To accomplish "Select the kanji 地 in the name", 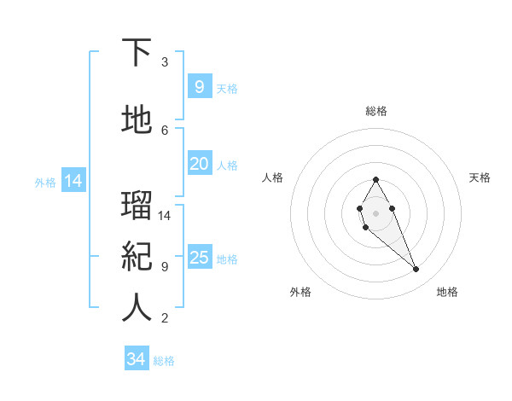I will pyautogui.click(x=137, y=120).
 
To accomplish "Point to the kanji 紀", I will pyautogui.click(x=137, y=257).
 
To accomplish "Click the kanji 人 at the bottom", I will pyautogui.click(x=137, y=308).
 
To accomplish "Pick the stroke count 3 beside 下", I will pyautogui.click(x=165, y=62).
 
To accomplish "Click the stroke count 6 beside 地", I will pyautogui.click(x=165, y=130).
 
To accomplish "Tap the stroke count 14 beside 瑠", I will pyautogui.click(x=165, y=215).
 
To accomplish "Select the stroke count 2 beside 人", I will pyautogui.click(x=165, y=318).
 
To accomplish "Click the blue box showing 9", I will pyautogui.click(x=199, y=86).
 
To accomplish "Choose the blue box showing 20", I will pyautogui.click(x=199, y=164).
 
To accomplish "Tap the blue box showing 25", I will pyautogui.click(x=199, y=258).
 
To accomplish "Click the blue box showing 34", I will pyautogui.click(x=136, y=359).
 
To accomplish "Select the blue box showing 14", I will pyautogui.click(x=73, y=181).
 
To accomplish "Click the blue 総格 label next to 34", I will pyautogui.click(x=164, y=361).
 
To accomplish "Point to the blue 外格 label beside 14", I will pyautogui.click(x=45, y=182).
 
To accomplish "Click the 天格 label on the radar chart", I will pyautogui.click(x=480, y=177).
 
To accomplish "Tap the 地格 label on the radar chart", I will pyautogui.click(x=447, y=292).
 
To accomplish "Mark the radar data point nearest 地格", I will pyautogui.click(x=416, y=270).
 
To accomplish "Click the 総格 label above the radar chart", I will pyautogui.click(x=375, y=111).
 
